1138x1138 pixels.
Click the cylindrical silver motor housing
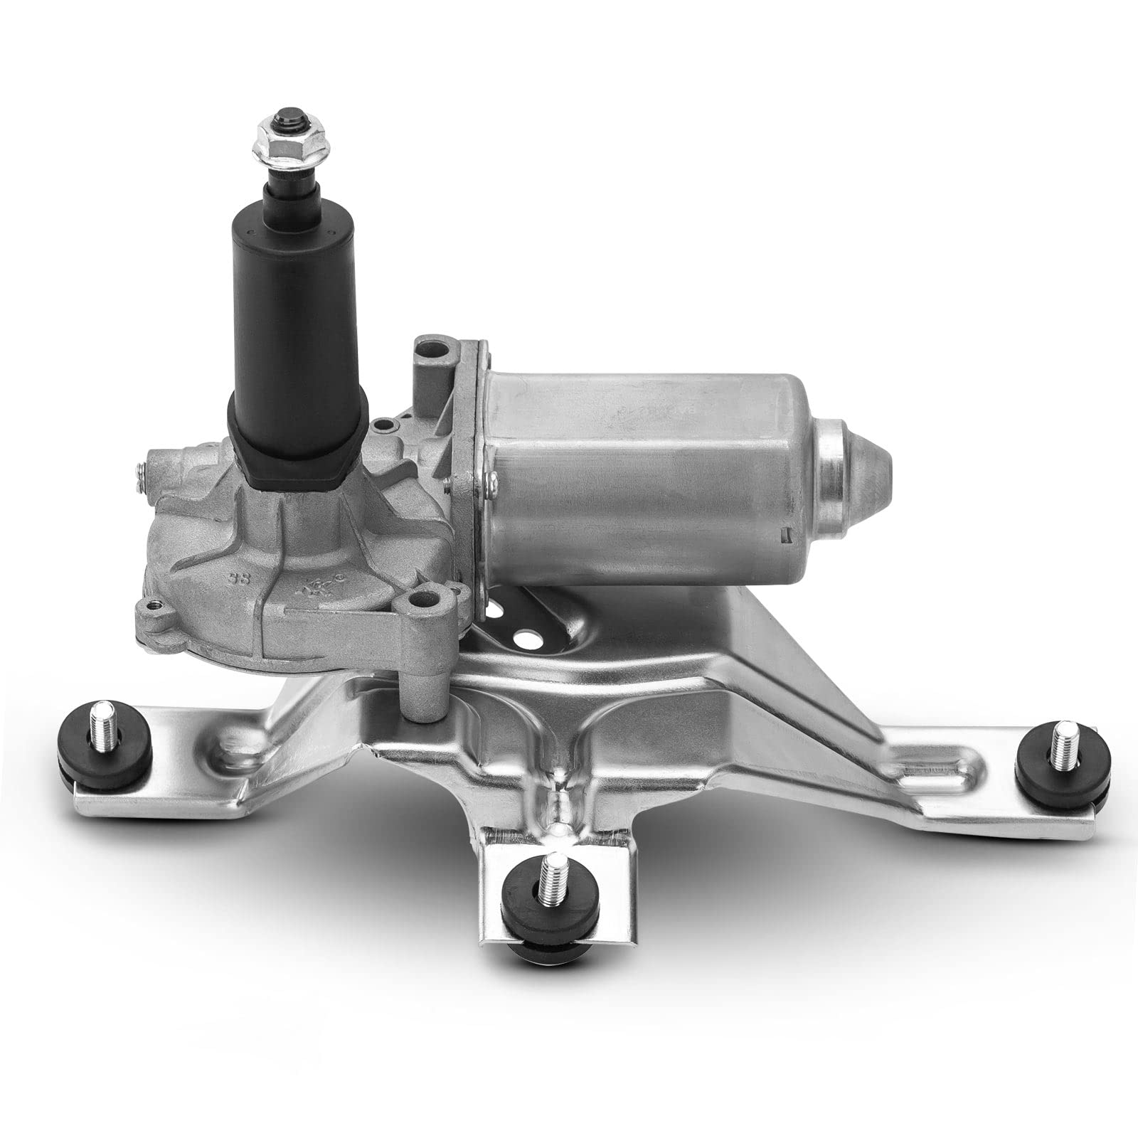pos(640,484)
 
